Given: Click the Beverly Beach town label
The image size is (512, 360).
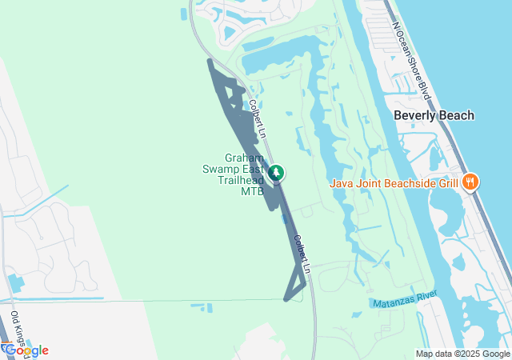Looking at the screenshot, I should (x=434, y=115).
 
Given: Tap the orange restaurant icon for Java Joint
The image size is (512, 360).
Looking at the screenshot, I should (x=471, y=181).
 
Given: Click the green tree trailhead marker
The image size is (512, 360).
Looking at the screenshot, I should (x=276, y=172).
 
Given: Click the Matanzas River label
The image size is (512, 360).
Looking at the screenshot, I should (x=405, y=300).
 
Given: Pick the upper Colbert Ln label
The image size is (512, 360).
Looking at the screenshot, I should (x=255, y=116).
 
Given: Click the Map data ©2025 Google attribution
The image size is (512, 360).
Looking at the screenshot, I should (x=462, y=354).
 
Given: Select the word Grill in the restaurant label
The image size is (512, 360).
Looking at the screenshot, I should (x=448, y=182).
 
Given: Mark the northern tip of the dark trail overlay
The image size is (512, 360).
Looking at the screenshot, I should (x=209, y=60).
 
